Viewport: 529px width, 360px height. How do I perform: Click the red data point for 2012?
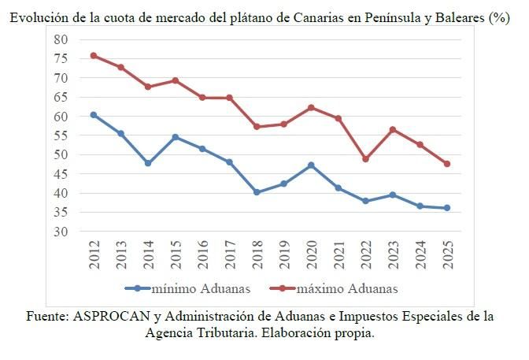(94, 56)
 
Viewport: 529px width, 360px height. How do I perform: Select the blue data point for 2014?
(148, 163)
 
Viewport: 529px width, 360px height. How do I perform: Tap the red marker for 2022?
(365, 159)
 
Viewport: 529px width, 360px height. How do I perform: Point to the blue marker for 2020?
(311, 165)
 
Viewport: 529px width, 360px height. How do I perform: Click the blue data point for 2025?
(446, 208)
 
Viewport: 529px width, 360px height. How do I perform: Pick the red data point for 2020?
(311, 107)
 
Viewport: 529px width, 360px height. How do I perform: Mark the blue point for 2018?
(257, 192)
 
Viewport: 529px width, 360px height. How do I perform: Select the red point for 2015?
(175, 80)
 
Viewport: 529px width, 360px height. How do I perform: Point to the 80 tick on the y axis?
(62, 39)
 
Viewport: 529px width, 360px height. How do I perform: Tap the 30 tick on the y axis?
(62, 232)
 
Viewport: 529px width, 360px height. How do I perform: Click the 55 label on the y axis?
(62, 135)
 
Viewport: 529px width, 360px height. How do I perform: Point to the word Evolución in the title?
(38, 17)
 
